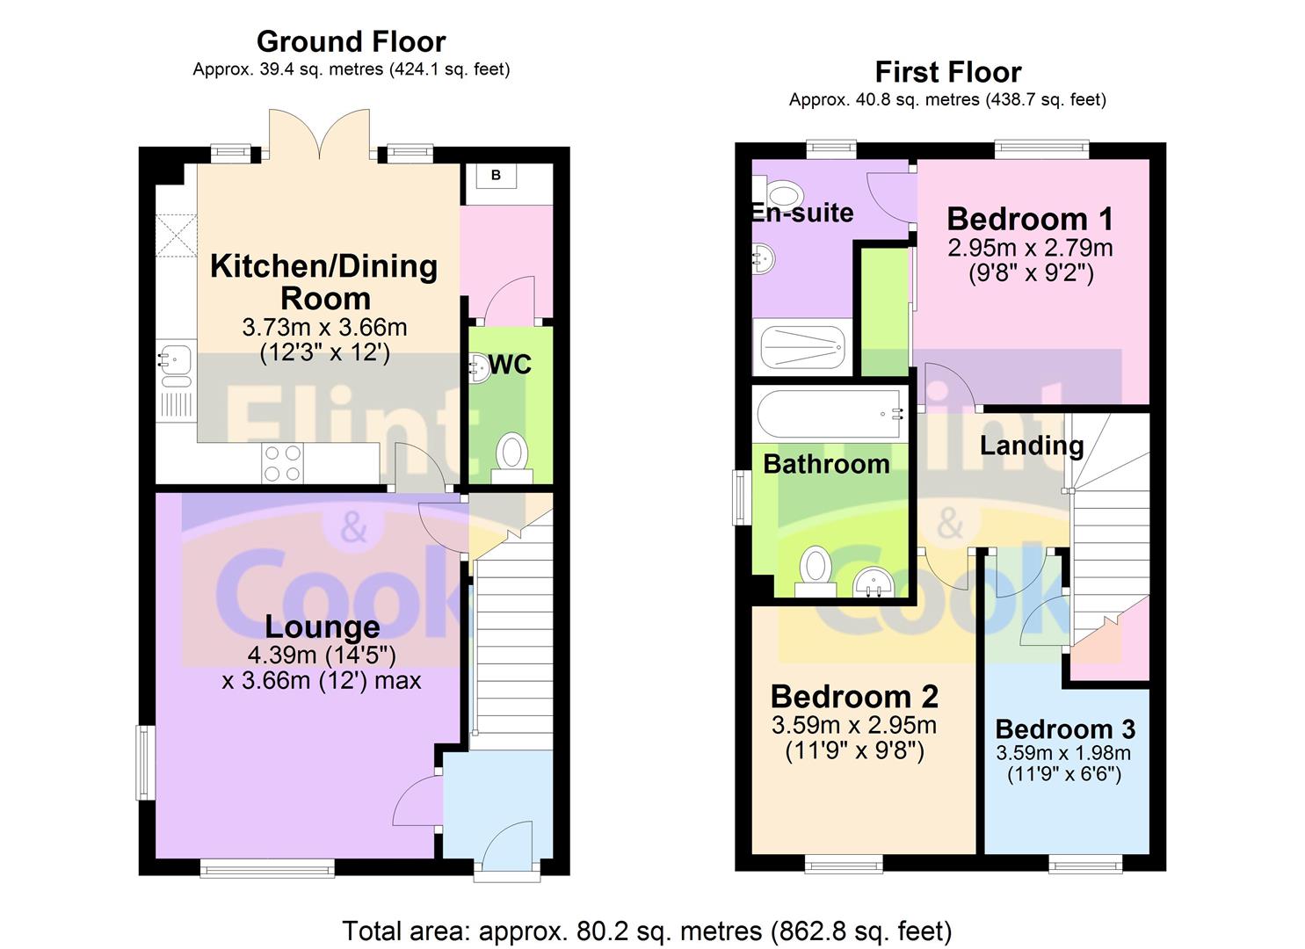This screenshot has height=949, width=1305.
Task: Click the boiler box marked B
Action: pyautogui.click(x=496, y=176)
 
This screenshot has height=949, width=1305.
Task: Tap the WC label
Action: pyautogui.click(x=510, y=365)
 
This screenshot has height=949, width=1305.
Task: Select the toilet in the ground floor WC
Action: pyautogui.click(x=511, y=457)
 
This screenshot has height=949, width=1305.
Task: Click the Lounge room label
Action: pyautogui.click(x=322, y=627)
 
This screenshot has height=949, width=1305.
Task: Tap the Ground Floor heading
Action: pyautogui.click(x=351, y=41)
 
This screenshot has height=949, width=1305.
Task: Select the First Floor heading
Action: pyautogui.click(x=947, y=71)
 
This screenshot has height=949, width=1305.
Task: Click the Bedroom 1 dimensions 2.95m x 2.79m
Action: pyautogui.click(x=1030, y=248)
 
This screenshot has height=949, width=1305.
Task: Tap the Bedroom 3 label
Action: pyautogui.click(x=1065, y=729)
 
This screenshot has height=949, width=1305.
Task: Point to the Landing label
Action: pyautogui.click(x=1031, y=446)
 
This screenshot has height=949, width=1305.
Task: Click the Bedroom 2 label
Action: pyautogui.click(x=854, y=697)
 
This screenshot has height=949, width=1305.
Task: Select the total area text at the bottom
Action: pyautogui.click(x=646, y=930)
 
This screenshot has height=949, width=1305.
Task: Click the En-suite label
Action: pyautogui.click(x=802, y=213)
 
